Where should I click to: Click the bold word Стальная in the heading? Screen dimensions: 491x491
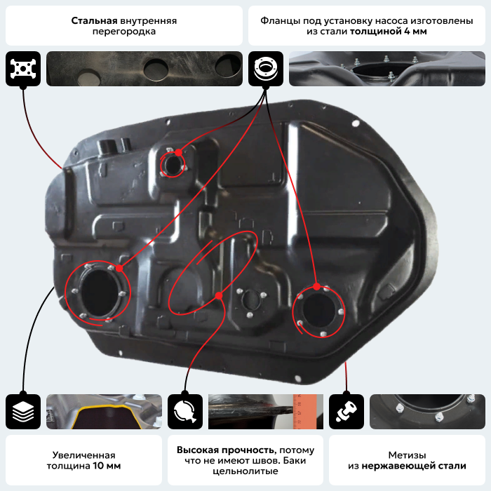[x=94, y=20]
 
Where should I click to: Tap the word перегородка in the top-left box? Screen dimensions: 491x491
[x=124, y=32]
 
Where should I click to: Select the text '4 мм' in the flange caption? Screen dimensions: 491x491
[x=415, y=32]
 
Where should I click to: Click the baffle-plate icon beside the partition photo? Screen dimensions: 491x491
[x=23, y=69]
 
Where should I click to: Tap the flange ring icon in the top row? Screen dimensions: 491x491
[x=266, y=69]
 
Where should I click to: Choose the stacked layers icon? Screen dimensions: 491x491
[x=23, y=412]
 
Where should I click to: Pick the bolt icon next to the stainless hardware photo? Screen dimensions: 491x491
[x=347, y=412]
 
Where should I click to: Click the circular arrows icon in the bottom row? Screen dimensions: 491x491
[x=185, y=412]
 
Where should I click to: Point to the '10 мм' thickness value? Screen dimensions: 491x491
[x=107, y=466]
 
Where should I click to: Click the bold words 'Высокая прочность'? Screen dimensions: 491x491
[x=226, y=450]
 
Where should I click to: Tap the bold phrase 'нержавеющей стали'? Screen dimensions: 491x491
[x=414, y=466]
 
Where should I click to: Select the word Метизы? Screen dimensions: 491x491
[x=407, y=455]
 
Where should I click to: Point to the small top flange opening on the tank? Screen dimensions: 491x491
[x=173, y=164]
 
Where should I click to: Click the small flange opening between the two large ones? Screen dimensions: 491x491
[x=251, y=300]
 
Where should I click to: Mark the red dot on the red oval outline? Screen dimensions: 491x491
[x=219, y=295]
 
